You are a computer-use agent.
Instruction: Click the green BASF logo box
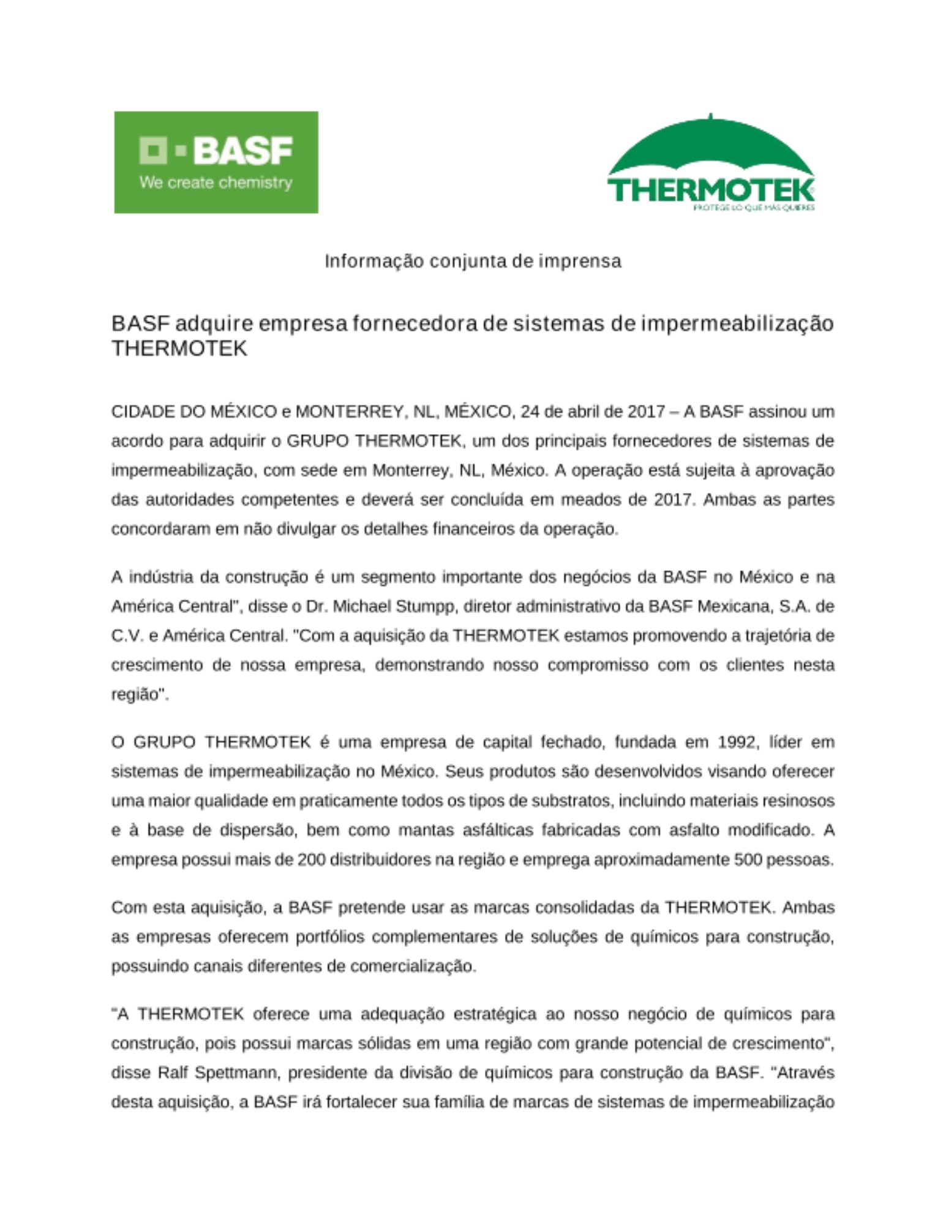(216, 162)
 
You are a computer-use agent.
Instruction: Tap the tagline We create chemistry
(216, 183)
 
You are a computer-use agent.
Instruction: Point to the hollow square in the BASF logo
(153, 151)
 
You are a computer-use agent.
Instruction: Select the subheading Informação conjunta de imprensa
(473, 261)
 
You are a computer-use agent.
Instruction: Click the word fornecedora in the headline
(415, 323)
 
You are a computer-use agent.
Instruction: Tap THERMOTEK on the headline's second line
(179, 349)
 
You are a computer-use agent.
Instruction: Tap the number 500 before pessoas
(748, 860)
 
